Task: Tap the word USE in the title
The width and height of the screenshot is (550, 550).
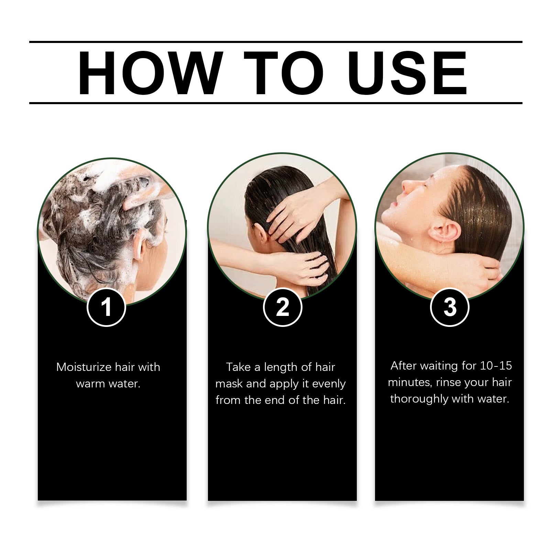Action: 409,73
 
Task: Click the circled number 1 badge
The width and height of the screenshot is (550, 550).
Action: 106,307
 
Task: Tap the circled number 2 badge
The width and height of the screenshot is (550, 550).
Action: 282,307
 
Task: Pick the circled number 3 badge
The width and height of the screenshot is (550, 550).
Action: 450,307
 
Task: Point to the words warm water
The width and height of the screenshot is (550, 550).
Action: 108,384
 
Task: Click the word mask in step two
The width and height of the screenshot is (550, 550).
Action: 229,384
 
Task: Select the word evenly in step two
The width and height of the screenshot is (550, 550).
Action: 329,384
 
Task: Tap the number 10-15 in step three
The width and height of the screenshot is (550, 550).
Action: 496,366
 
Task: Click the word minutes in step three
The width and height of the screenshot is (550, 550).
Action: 409,382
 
